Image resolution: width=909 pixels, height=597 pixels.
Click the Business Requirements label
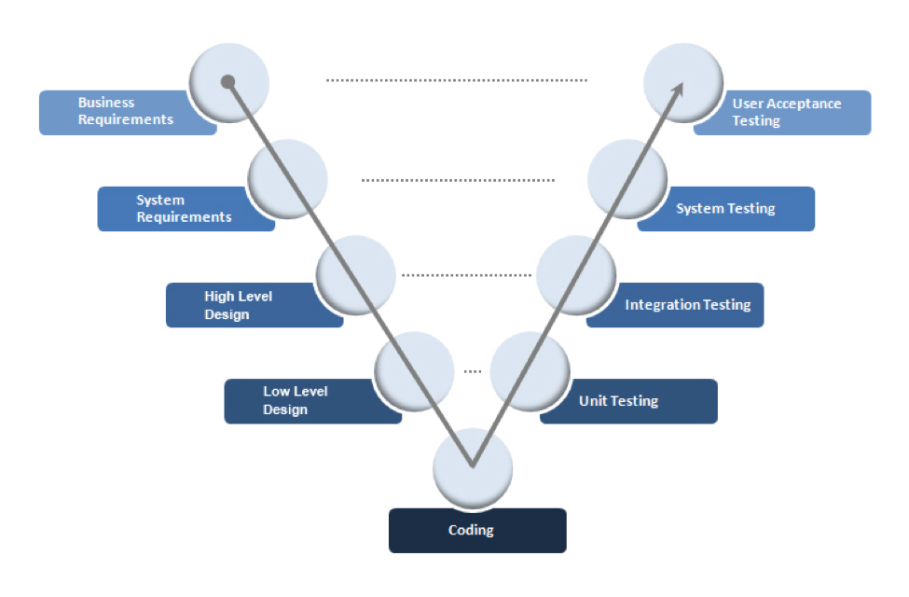126,112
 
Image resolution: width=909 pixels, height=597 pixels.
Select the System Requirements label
184,208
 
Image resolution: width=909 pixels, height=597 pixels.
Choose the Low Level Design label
296,401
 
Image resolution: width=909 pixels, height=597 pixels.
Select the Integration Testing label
687,305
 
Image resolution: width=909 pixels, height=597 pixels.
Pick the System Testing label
725,208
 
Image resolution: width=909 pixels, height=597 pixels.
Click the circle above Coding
474,467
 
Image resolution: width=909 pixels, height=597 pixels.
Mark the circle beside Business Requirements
228,82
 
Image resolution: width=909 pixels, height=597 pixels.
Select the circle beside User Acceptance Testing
683,82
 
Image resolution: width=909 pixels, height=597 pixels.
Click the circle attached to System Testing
627,178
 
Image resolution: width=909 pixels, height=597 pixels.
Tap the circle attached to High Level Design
356,274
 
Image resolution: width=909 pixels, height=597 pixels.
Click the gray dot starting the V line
227,82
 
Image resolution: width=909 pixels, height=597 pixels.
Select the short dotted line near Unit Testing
473,372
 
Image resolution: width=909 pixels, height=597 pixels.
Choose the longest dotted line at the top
457,81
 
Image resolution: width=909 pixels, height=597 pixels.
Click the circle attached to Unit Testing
530,371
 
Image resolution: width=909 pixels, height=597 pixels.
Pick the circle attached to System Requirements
288,178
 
